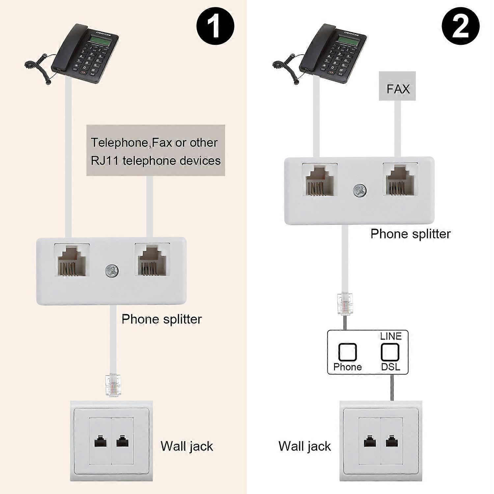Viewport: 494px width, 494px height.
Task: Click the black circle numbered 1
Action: (x=215, y=26)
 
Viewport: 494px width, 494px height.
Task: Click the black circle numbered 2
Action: (x=460, y=26)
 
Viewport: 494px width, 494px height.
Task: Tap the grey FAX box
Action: (x=398, y=86)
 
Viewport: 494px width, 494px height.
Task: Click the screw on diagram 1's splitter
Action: (x=112, y=271)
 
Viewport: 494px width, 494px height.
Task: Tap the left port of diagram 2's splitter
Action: (x=320, y=179)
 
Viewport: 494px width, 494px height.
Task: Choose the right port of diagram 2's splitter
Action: (x=400, y=179)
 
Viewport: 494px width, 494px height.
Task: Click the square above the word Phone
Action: (x=347, y=352)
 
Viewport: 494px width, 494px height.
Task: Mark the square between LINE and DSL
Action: (x=390, y=352)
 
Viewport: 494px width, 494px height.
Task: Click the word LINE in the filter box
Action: (x=391, y=336)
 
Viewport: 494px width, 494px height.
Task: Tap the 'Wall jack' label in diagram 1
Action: (x=187, y=446)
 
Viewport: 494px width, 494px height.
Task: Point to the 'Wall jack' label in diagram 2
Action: (x=305, y=446)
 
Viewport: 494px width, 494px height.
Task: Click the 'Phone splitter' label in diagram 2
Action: (x=410, y=234)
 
